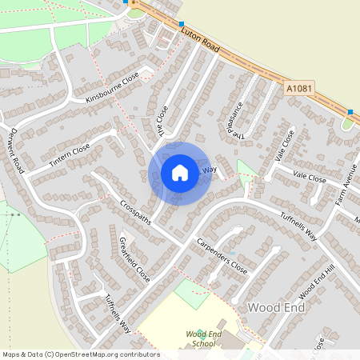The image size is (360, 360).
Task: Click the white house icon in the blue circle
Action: click(179, 173)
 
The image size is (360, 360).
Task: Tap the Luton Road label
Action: click(200, 38)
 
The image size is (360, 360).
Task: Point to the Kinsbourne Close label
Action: click(112, 88)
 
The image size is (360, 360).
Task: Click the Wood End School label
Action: click(200, 338)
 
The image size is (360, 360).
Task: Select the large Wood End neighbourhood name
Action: click(276, 307)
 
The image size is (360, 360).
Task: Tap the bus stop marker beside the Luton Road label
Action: click(182, 25)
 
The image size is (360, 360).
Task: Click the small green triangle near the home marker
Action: click(246, 170)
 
